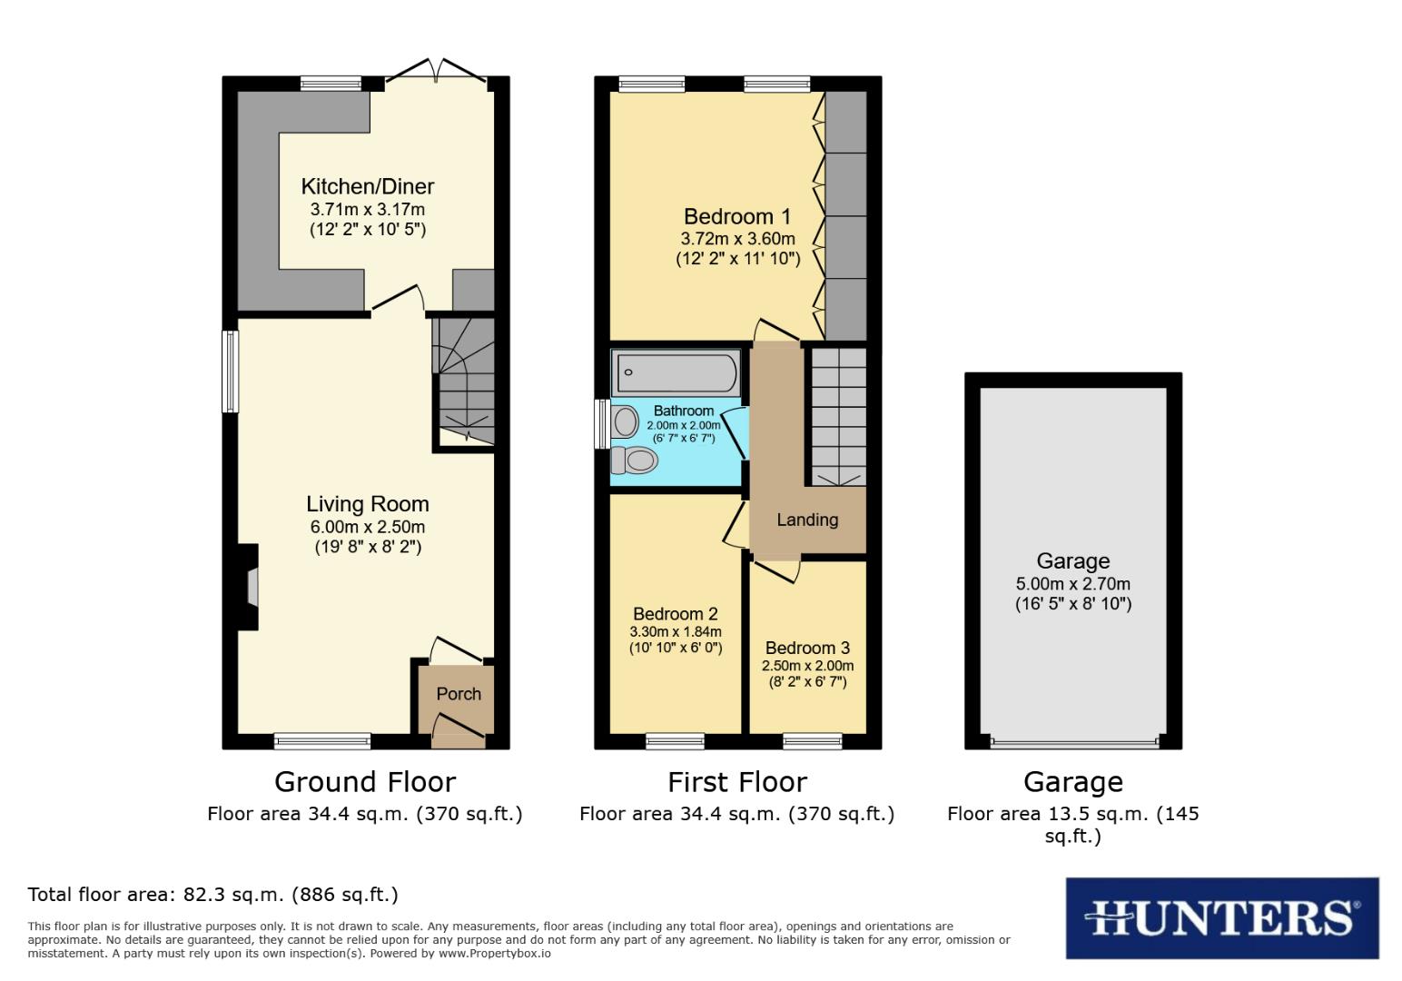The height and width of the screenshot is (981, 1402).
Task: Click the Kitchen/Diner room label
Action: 368,187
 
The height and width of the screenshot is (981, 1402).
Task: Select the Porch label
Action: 459,694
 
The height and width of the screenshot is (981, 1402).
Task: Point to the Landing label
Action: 807,520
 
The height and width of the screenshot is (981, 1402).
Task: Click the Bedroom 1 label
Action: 737,217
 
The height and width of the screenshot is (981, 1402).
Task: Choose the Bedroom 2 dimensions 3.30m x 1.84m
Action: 676,631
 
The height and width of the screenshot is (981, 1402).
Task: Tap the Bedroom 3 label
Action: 807,648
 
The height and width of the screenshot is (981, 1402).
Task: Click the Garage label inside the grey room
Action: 1073,561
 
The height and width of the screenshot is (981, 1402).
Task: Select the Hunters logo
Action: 1221,917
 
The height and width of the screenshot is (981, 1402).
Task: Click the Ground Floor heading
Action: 365,782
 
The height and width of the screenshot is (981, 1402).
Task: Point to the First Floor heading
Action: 737,782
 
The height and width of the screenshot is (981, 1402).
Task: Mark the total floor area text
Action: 213,895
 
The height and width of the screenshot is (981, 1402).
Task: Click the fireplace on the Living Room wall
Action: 251,587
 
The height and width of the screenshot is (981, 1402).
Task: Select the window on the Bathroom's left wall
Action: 600,424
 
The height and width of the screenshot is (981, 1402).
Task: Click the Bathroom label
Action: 684,411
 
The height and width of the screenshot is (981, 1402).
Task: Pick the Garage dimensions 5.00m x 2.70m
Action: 1073,584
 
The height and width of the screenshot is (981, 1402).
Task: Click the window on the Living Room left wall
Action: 231,372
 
